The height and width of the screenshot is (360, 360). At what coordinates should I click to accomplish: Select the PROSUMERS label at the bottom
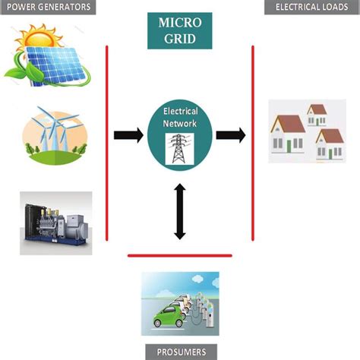coord(179,352)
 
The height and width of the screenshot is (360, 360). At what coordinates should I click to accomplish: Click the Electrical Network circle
coord(179,135)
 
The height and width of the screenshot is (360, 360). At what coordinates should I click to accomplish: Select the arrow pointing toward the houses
coord(230,135)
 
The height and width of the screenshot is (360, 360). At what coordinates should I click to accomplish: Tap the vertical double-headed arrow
coord(180,210)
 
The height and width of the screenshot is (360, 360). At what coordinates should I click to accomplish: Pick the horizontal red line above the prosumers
coord(180,255)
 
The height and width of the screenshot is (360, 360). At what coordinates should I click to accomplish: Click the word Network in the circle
coord(180,122)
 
